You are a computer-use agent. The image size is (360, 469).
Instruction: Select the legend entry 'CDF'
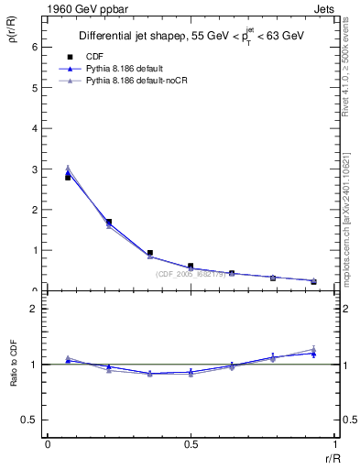[94, 57]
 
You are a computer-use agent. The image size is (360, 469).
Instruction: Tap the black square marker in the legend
[70, 57]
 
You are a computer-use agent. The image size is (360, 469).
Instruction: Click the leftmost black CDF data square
[68, 178]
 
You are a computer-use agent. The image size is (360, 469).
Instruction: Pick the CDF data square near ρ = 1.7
[109, 222]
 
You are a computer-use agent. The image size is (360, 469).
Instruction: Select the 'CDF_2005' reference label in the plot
[190, 274]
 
